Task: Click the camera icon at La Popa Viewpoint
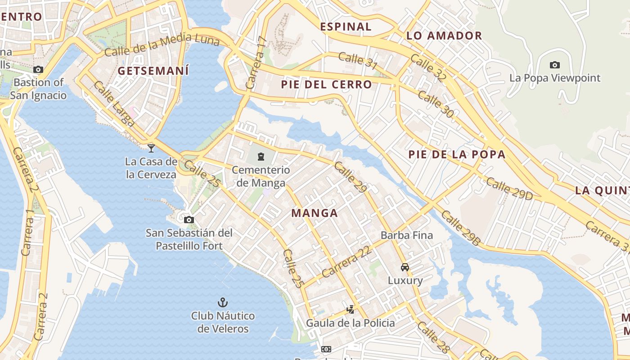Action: pos(555,65)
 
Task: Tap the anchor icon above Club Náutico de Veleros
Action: pos(222,302)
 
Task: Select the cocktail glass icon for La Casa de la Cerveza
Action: pos(151,148)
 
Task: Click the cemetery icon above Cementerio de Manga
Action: pos(261,157)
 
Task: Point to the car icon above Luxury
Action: pos(405,267)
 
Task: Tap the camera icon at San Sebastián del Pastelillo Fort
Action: pos(189,220)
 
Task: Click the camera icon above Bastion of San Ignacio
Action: pos(38,69)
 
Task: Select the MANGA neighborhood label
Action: pos(315,213)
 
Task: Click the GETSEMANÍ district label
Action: pos(153,71)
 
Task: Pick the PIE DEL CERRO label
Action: pos(327,85)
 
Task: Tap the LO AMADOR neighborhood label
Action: pos(444,36)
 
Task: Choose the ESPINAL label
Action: pos(346,27)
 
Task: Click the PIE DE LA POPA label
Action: pos(457,155)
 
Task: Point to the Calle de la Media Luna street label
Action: pos(162,46)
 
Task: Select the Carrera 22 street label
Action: pos(347,262)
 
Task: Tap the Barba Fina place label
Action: pos(407,235)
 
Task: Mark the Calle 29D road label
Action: pos(509,189)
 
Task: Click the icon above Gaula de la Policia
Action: pos(350,310)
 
